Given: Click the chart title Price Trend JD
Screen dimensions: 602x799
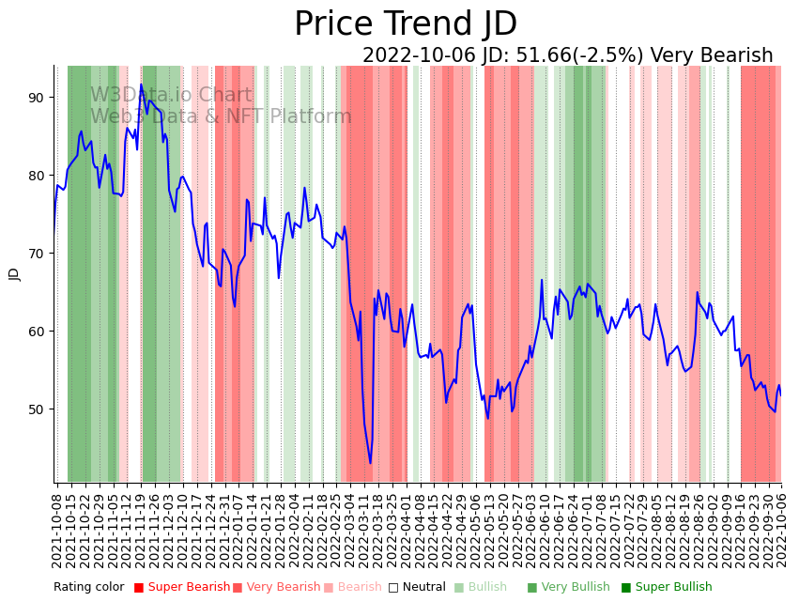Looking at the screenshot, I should click(x=406, y=24).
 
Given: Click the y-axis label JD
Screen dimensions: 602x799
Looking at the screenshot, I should click(x=14, y=273).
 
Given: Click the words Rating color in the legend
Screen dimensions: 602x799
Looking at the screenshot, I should click(x=88, y=587).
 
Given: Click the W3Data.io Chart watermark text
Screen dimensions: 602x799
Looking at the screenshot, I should click(x=171, y=95).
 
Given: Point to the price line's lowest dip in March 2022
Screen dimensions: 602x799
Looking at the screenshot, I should click(x=370, y=463).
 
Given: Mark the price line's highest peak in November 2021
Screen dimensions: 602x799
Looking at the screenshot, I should click(x=142, y=85).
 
